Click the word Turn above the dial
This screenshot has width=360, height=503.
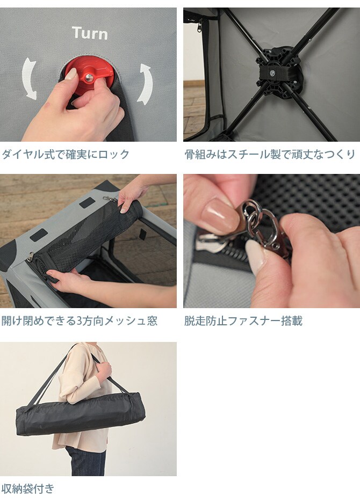click(x=90, y=33)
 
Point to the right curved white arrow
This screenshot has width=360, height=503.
click(x=145, y=83)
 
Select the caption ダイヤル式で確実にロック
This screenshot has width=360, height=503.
click(x=65, y=155)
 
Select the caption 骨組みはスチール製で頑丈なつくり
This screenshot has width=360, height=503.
click(x=270, y=155)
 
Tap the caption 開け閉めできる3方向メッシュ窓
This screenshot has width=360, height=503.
click(x=79, y=321)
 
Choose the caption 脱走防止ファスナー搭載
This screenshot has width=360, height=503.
click(x=243, y=321)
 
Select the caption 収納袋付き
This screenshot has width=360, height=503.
click(x=27, y=489)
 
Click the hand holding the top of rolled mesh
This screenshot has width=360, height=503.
click(x=132, y=196)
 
